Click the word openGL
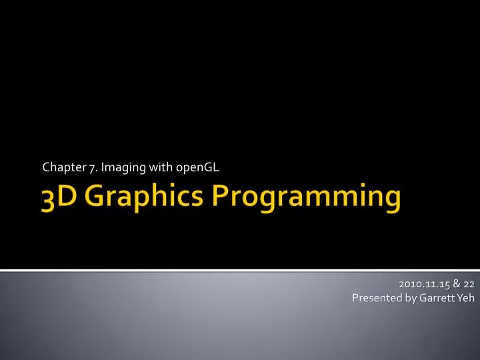coord(194,168)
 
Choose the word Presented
coord(377,298)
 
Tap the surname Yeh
coord(465,298)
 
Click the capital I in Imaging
coord(103,167)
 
